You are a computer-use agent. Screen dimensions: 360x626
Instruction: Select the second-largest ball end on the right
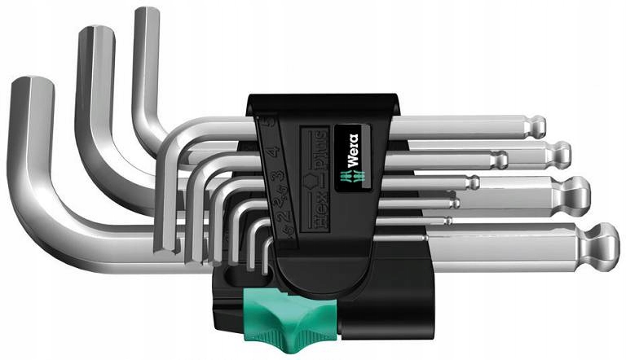575,190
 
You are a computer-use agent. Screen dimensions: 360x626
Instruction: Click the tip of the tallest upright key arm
147,15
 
